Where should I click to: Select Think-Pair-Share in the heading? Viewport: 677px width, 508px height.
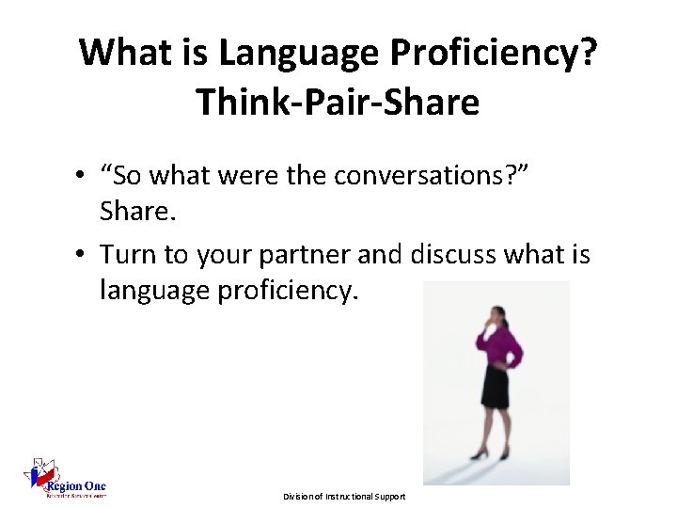pyautogui.click(x=338, y=103)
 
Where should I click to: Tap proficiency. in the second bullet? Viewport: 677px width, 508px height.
pyautogui.click(x=288, y=291)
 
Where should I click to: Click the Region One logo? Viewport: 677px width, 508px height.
pyautogui.click(x=65, y=481)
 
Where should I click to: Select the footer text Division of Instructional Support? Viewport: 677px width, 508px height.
pyautogui.click(x=344, y=496)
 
